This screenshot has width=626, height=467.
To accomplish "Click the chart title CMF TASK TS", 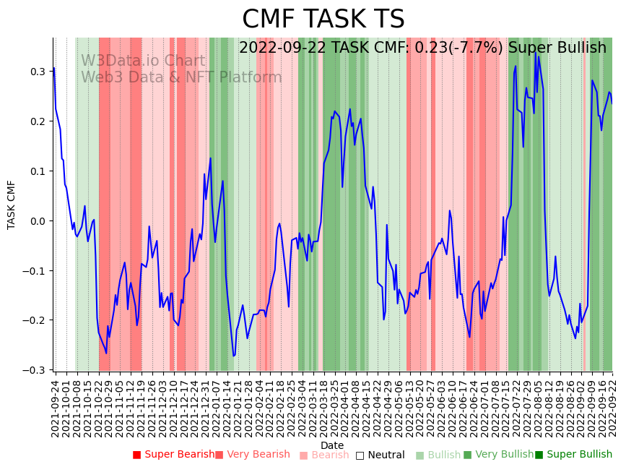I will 323,20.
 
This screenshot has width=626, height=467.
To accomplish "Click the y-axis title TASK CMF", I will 12,205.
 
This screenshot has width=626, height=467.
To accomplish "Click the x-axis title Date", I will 332,445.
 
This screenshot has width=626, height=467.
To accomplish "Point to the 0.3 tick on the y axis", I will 37,72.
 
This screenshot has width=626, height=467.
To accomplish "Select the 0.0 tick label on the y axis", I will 37,221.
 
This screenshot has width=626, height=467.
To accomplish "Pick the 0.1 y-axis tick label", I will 37,171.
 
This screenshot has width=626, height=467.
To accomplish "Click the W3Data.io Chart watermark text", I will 143,61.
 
